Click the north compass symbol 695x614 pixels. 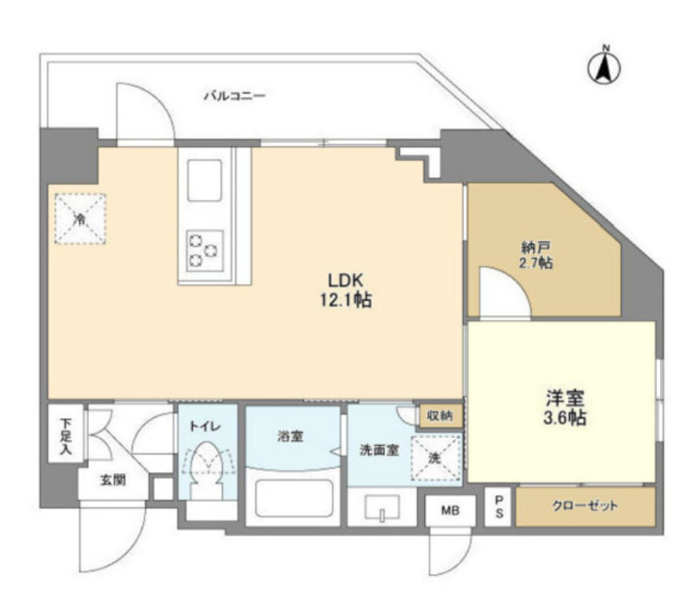pos(605,66)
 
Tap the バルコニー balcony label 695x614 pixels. pos(235,96)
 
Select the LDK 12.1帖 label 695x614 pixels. pos(346,290)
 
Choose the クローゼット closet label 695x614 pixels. pos(585,506)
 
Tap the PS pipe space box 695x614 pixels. pos(498,507)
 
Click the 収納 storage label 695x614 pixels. pos(440,414)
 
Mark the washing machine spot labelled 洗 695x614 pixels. pos(436,458)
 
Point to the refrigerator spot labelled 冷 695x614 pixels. pos(80,218)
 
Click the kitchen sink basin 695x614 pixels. pos(204,180)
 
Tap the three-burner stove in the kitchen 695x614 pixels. pos(204,249)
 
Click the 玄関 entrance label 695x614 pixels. pos(113,480)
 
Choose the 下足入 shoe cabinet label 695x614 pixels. pos(65,437)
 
